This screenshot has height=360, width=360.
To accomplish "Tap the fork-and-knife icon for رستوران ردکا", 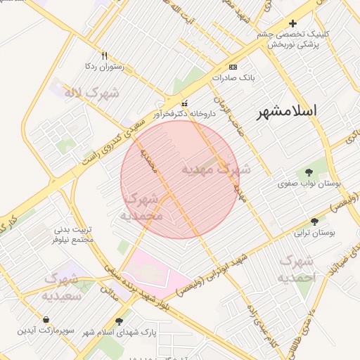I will [x=105, y=56].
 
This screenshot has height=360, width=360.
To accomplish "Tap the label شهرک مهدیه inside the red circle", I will [x=216, y=169].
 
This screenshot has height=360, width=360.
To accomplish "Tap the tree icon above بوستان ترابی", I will [x=314, y=220].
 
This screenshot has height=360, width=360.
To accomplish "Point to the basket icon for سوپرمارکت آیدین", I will [x=46, y=320].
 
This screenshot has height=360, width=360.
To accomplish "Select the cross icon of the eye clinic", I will [x=292, y=24].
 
